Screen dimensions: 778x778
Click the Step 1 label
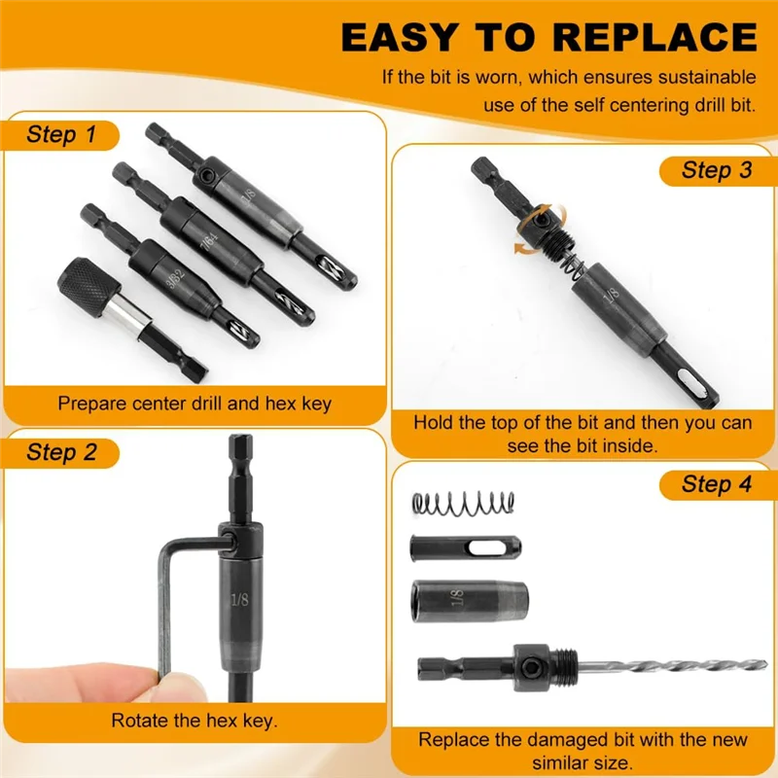tap(60, 134)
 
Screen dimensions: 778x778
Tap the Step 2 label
tap(60, 452)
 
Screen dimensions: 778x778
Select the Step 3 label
tap(717, 170)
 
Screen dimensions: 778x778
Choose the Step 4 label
tap(717, 484)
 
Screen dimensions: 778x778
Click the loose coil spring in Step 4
tap(463, 502)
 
